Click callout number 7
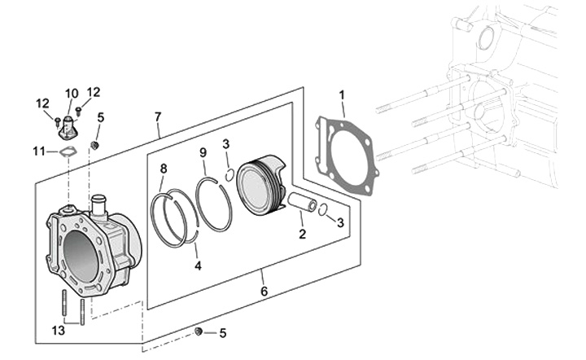click(157, 118)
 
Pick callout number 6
click(263, 291)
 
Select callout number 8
click(164, 169)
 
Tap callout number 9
click(203, 152)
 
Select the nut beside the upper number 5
click(94, 145)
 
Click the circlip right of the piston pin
click(323, 209)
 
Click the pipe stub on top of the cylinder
click(100, 204)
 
